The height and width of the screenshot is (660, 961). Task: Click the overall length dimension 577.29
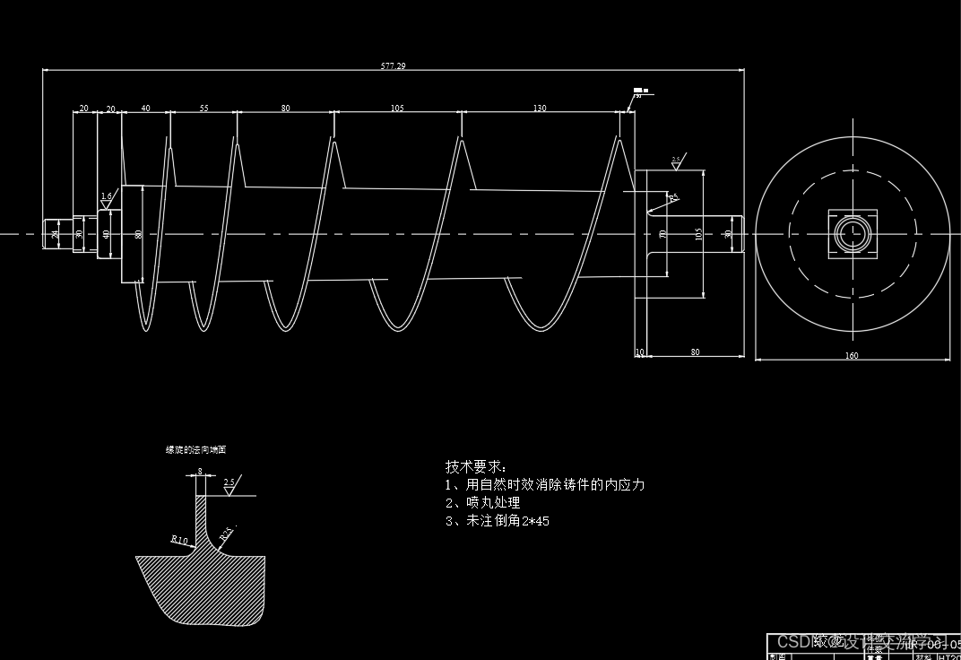(393, 66)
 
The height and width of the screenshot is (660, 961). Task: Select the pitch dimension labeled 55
(203, 109)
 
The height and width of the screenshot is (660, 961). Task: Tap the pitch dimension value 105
(396, 109)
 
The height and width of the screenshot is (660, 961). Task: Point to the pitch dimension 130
(540, 109)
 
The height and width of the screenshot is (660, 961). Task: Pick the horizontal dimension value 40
(145, 109)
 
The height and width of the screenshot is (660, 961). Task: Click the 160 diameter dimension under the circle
(852, 356)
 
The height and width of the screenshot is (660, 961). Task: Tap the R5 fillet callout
(672, 196)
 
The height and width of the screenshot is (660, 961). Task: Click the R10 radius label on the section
(179, 540)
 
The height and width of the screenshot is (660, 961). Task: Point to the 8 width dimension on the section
(199, 471)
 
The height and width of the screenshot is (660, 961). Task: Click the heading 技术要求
(475, 467)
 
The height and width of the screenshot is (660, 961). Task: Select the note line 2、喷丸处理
(482, 503)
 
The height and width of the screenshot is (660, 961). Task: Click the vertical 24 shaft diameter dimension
(55, 235)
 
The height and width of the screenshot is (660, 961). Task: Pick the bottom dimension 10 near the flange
(639, 352)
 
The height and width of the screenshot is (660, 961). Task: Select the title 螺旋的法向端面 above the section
(195, 450)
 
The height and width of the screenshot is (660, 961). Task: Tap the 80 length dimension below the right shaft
(695, 352)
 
